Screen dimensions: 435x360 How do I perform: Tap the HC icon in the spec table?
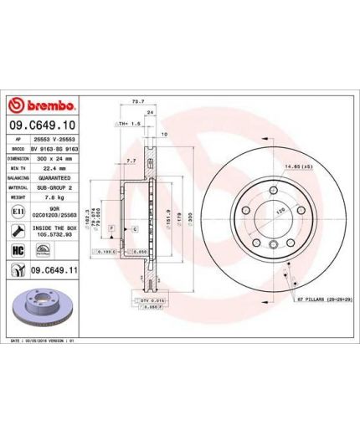coord(16,249)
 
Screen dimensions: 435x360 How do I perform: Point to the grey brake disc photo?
coord(42,308)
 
